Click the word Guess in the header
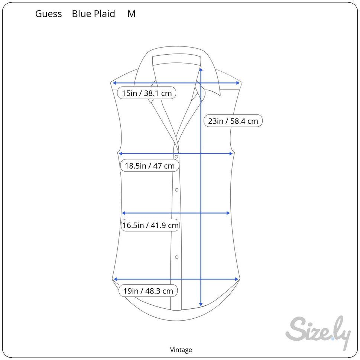click(x=48, y=14)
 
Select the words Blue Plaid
click(x=94, y=14)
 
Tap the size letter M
click(x=132, y=14)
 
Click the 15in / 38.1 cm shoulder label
click(x=147, y=93)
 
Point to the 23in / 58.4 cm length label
click(x=233, y=121)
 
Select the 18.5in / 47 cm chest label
click(x=149, y=166)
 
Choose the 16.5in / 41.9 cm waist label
click(x=150, y=225)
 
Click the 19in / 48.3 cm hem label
click(x=148, y=291)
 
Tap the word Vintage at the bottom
click(x=181, y=350)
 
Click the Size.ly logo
click(x=318, y=332)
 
